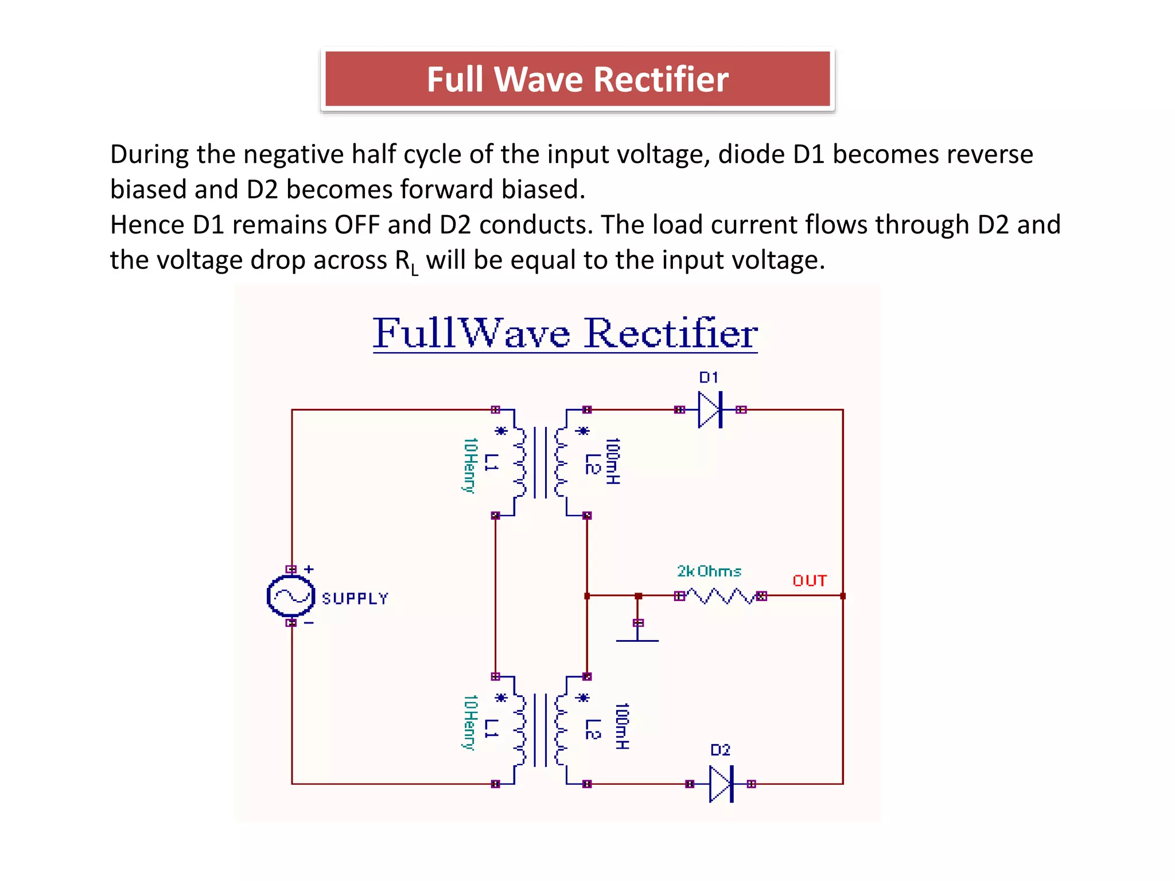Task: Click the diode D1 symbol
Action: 710,410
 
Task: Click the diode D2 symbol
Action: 721,783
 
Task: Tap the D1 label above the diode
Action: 709,377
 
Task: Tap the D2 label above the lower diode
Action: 720,750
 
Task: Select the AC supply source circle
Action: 291,597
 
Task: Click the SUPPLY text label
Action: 355,599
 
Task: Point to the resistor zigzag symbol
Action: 721,596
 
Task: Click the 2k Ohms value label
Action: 709,571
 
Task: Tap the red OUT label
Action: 810,581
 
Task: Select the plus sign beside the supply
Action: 309,569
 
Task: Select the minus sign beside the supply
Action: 309,623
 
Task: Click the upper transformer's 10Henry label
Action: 470,465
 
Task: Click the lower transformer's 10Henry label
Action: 470,722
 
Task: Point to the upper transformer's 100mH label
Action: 613,461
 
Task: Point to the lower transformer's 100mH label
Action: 622,726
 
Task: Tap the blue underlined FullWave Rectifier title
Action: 565,333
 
